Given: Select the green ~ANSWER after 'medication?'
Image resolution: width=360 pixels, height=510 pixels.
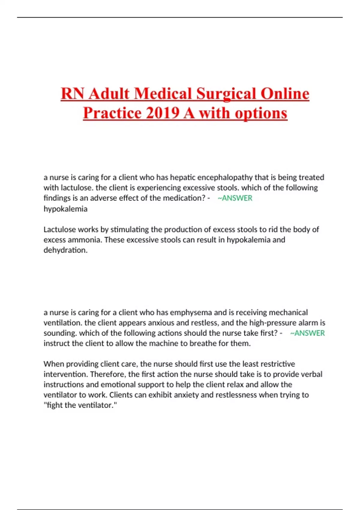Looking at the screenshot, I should (x=235, y=198).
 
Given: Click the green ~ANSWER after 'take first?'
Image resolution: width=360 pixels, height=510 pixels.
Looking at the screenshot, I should (x=307, y=333).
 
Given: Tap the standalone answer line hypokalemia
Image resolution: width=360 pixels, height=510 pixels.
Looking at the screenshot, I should (x=65, y=209).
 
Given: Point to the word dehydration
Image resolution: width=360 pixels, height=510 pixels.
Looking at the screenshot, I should (x=65, y=250).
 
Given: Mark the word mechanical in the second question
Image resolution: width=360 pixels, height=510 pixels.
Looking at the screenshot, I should (x=288, y=312).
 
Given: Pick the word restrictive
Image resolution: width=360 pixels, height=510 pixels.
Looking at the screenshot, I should (x=277, y=364).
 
